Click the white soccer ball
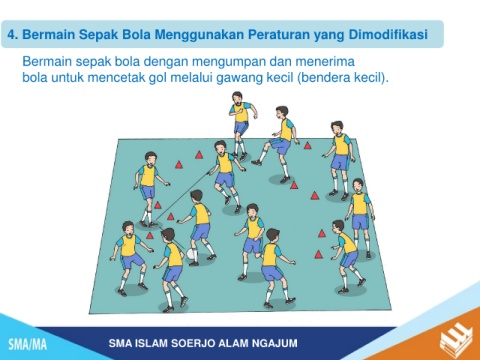(192, 254)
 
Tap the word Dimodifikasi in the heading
(388, 34)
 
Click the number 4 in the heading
(12, 35)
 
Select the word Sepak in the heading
(99, 35)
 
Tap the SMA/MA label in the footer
(27, 344)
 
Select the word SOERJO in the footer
(192, 343)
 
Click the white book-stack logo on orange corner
(456, 340)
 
